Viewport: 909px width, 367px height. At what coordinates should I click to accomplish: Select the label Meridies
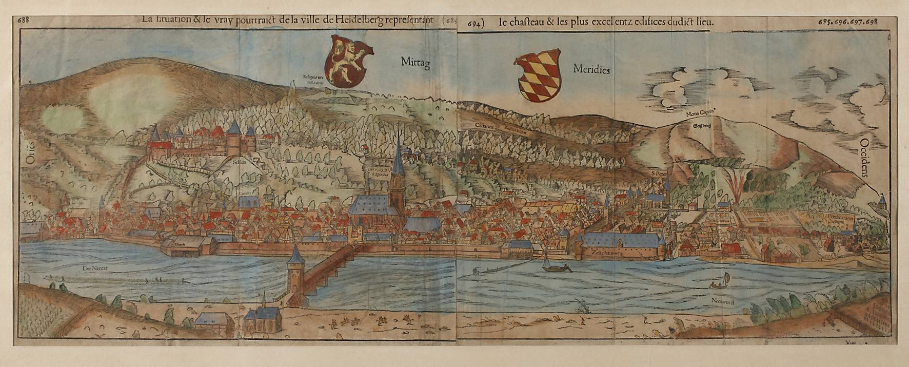click(x=591, y=69)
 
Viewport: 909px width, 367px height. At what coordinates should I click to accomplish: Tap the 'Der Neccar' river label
click(x=93, y=268)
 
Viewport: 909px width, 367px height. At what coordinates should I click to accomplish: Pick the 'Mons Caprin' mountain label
click(x=701, y=115)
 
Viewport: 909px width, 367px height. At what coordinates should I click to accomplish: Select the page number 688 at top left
click(x=23, y=21)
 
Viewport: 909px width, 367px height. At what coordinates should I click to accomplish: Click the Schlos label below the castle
click(x=240, y=161)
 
